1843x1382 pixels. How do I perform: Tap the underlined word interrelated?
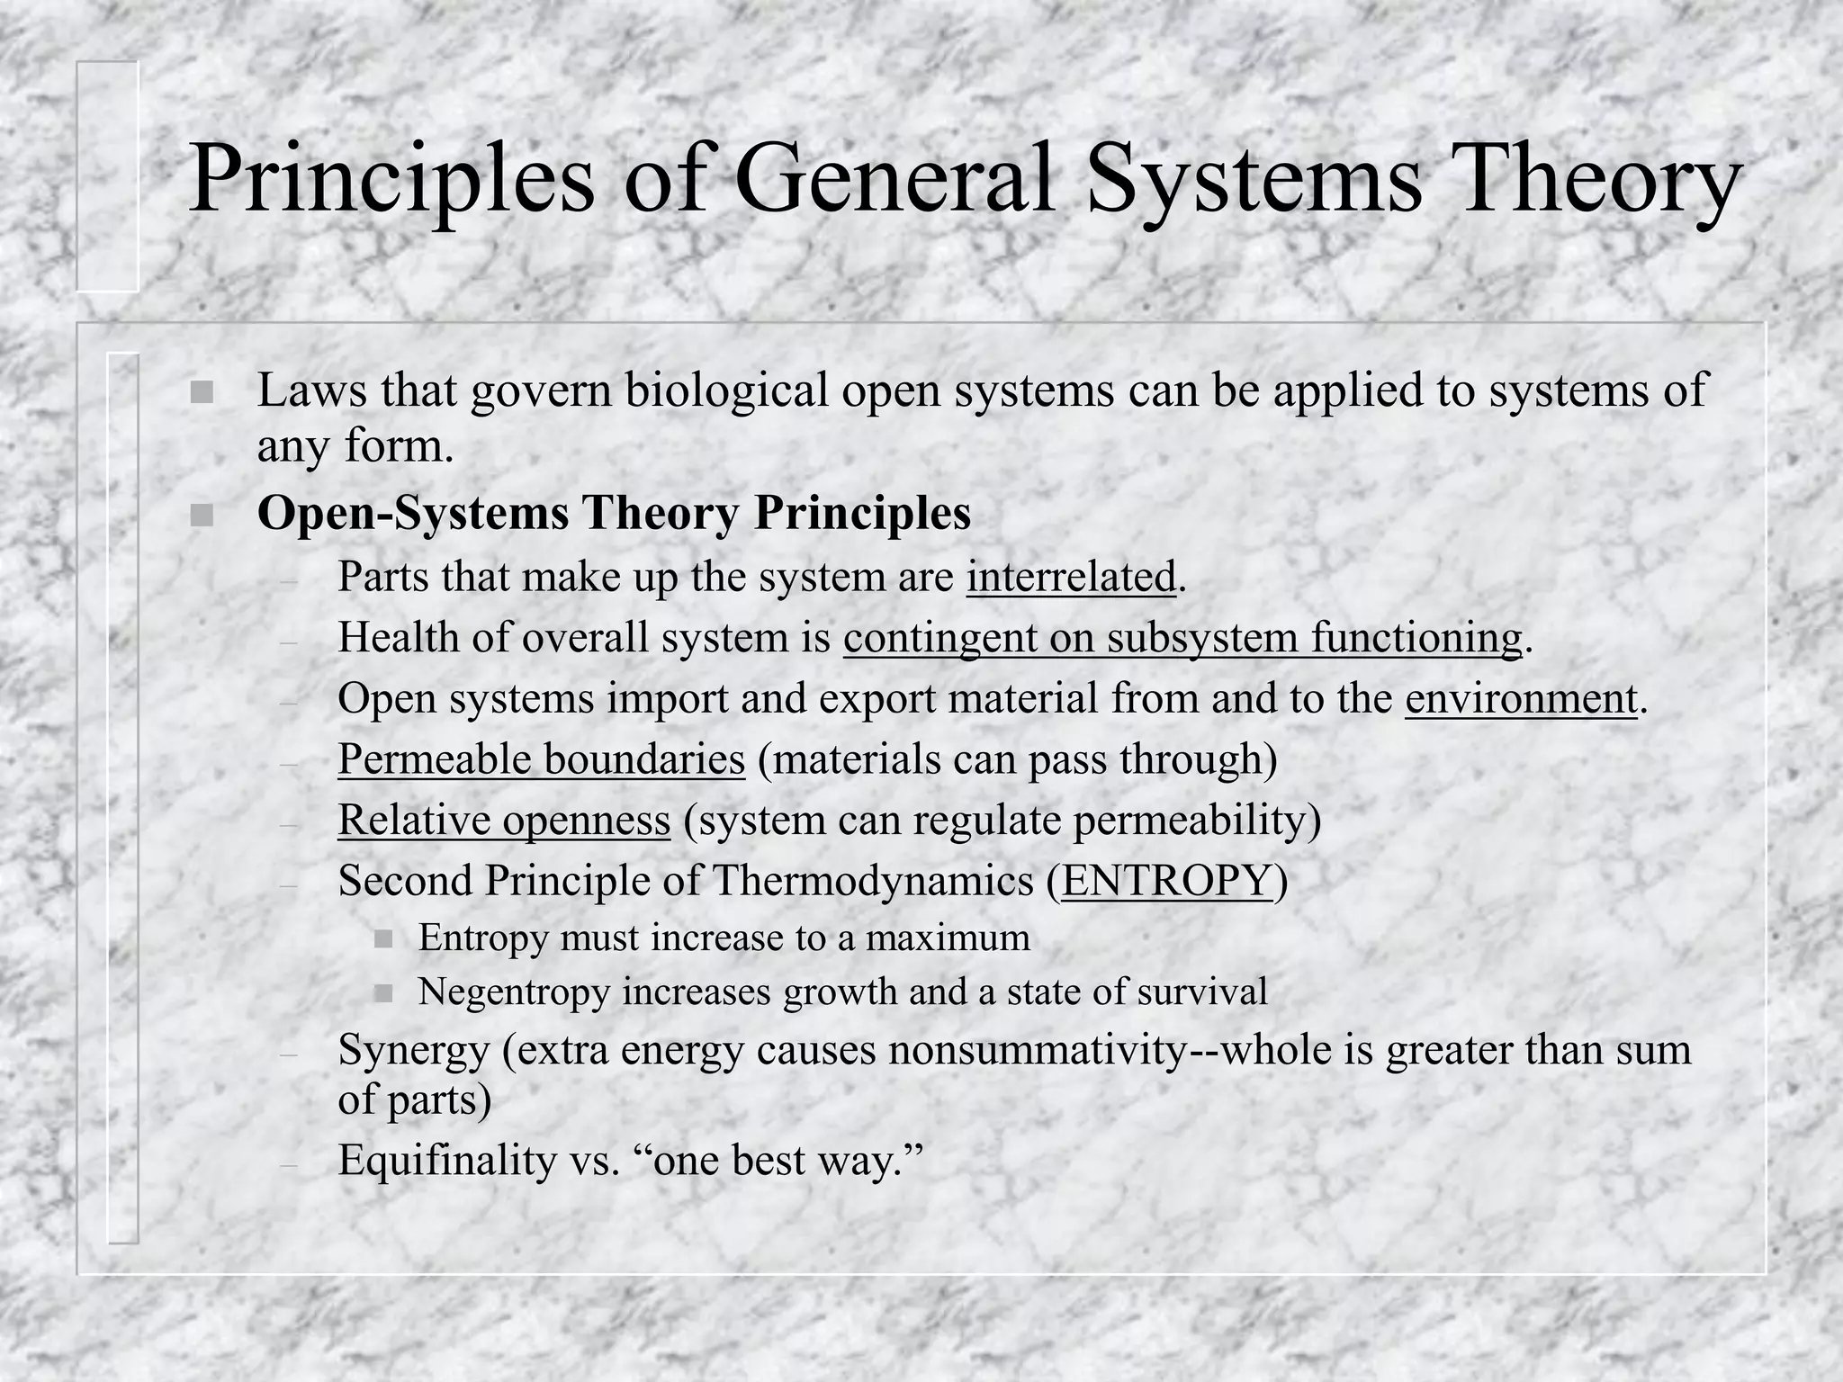(1072, 576)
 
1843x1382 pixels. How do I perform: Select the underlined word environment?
(1521, 698)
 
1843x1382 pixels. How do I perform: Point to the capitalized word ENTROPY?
(1167, 880)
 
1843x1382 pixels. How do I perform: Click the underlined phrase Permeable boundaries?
(542, 758)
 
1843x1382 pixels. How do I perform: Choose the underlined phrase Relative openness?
(505, 820)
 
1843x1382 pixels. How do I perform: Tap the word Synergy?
(414, 1051)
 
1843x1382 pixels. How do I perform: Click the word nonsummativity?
(1038, 1049)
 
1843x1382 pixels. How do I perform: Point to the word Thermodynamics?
(873, 881)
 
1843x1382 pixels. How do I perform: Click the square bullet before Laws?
(202, 393)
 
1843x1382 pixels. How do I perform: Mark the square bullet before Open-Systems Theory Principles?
(202, 516)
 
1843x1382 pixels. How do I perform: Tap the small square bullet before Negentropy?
(384, 993)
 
